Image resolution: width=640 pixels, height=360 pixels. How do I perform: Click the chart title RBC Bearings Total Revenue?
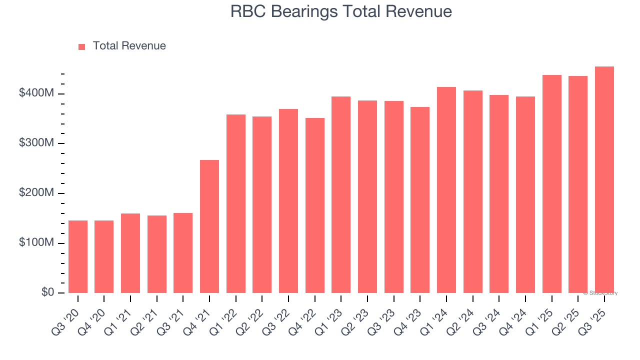tap(341, 11)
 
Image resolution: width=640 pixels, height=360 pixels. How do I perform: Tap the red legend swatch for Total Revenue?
tap(82, 46)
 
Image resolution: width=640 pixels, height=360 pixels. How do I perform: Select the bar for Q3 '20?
tap(78, 256)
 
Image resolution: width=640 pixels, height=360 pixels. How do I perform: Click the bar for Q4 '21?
tap(209, 226)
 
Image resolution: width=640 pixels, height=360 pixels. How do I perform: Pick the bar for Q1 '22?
tap(236, 203)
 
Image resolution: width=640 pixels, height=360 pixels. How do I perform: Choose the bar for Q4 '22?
tap(315, 205)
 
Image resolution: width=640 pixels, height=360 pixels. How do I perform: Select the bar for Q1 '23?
tap(341, 194)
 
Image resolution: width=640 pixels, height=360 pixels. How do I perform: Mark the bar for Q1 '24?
tap(446, 190)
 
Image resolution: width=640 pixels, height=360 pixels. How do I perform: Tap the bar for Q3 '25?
tap(604, 179)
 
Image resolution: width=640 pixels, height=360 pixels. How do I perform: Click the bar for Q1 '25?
tap(551, 183)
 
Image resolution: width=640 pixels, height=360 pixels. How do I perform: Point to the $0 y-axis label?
tap(48, 292)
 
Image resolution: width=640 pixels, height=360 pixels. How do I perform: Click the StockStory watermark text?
tap(600, 293)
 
